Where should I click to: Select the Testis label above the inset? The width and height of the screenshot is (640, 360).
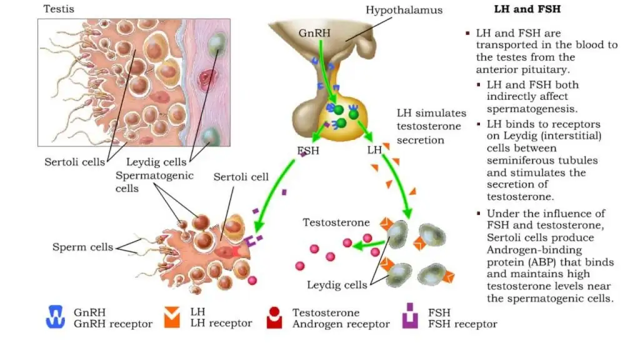[x=58, y=9]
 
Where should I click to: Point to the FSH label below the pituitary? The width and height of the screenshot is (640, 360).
[x=309, y=151]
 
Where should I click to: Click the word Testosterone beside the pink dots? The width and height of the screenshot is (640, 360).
[x=336, y=222]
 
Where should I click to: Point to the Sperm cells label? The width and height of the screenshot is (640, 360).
[x=82, y=247]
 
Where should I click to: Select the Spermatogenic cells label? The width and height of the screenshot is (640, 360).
[x=154, y=182]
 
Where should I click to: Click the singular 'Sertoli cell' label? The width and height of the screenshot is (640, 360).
[x=241, y=177]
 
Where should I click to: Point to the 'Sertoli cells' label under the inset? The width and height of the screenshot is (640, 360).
[x=74, y=162]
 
